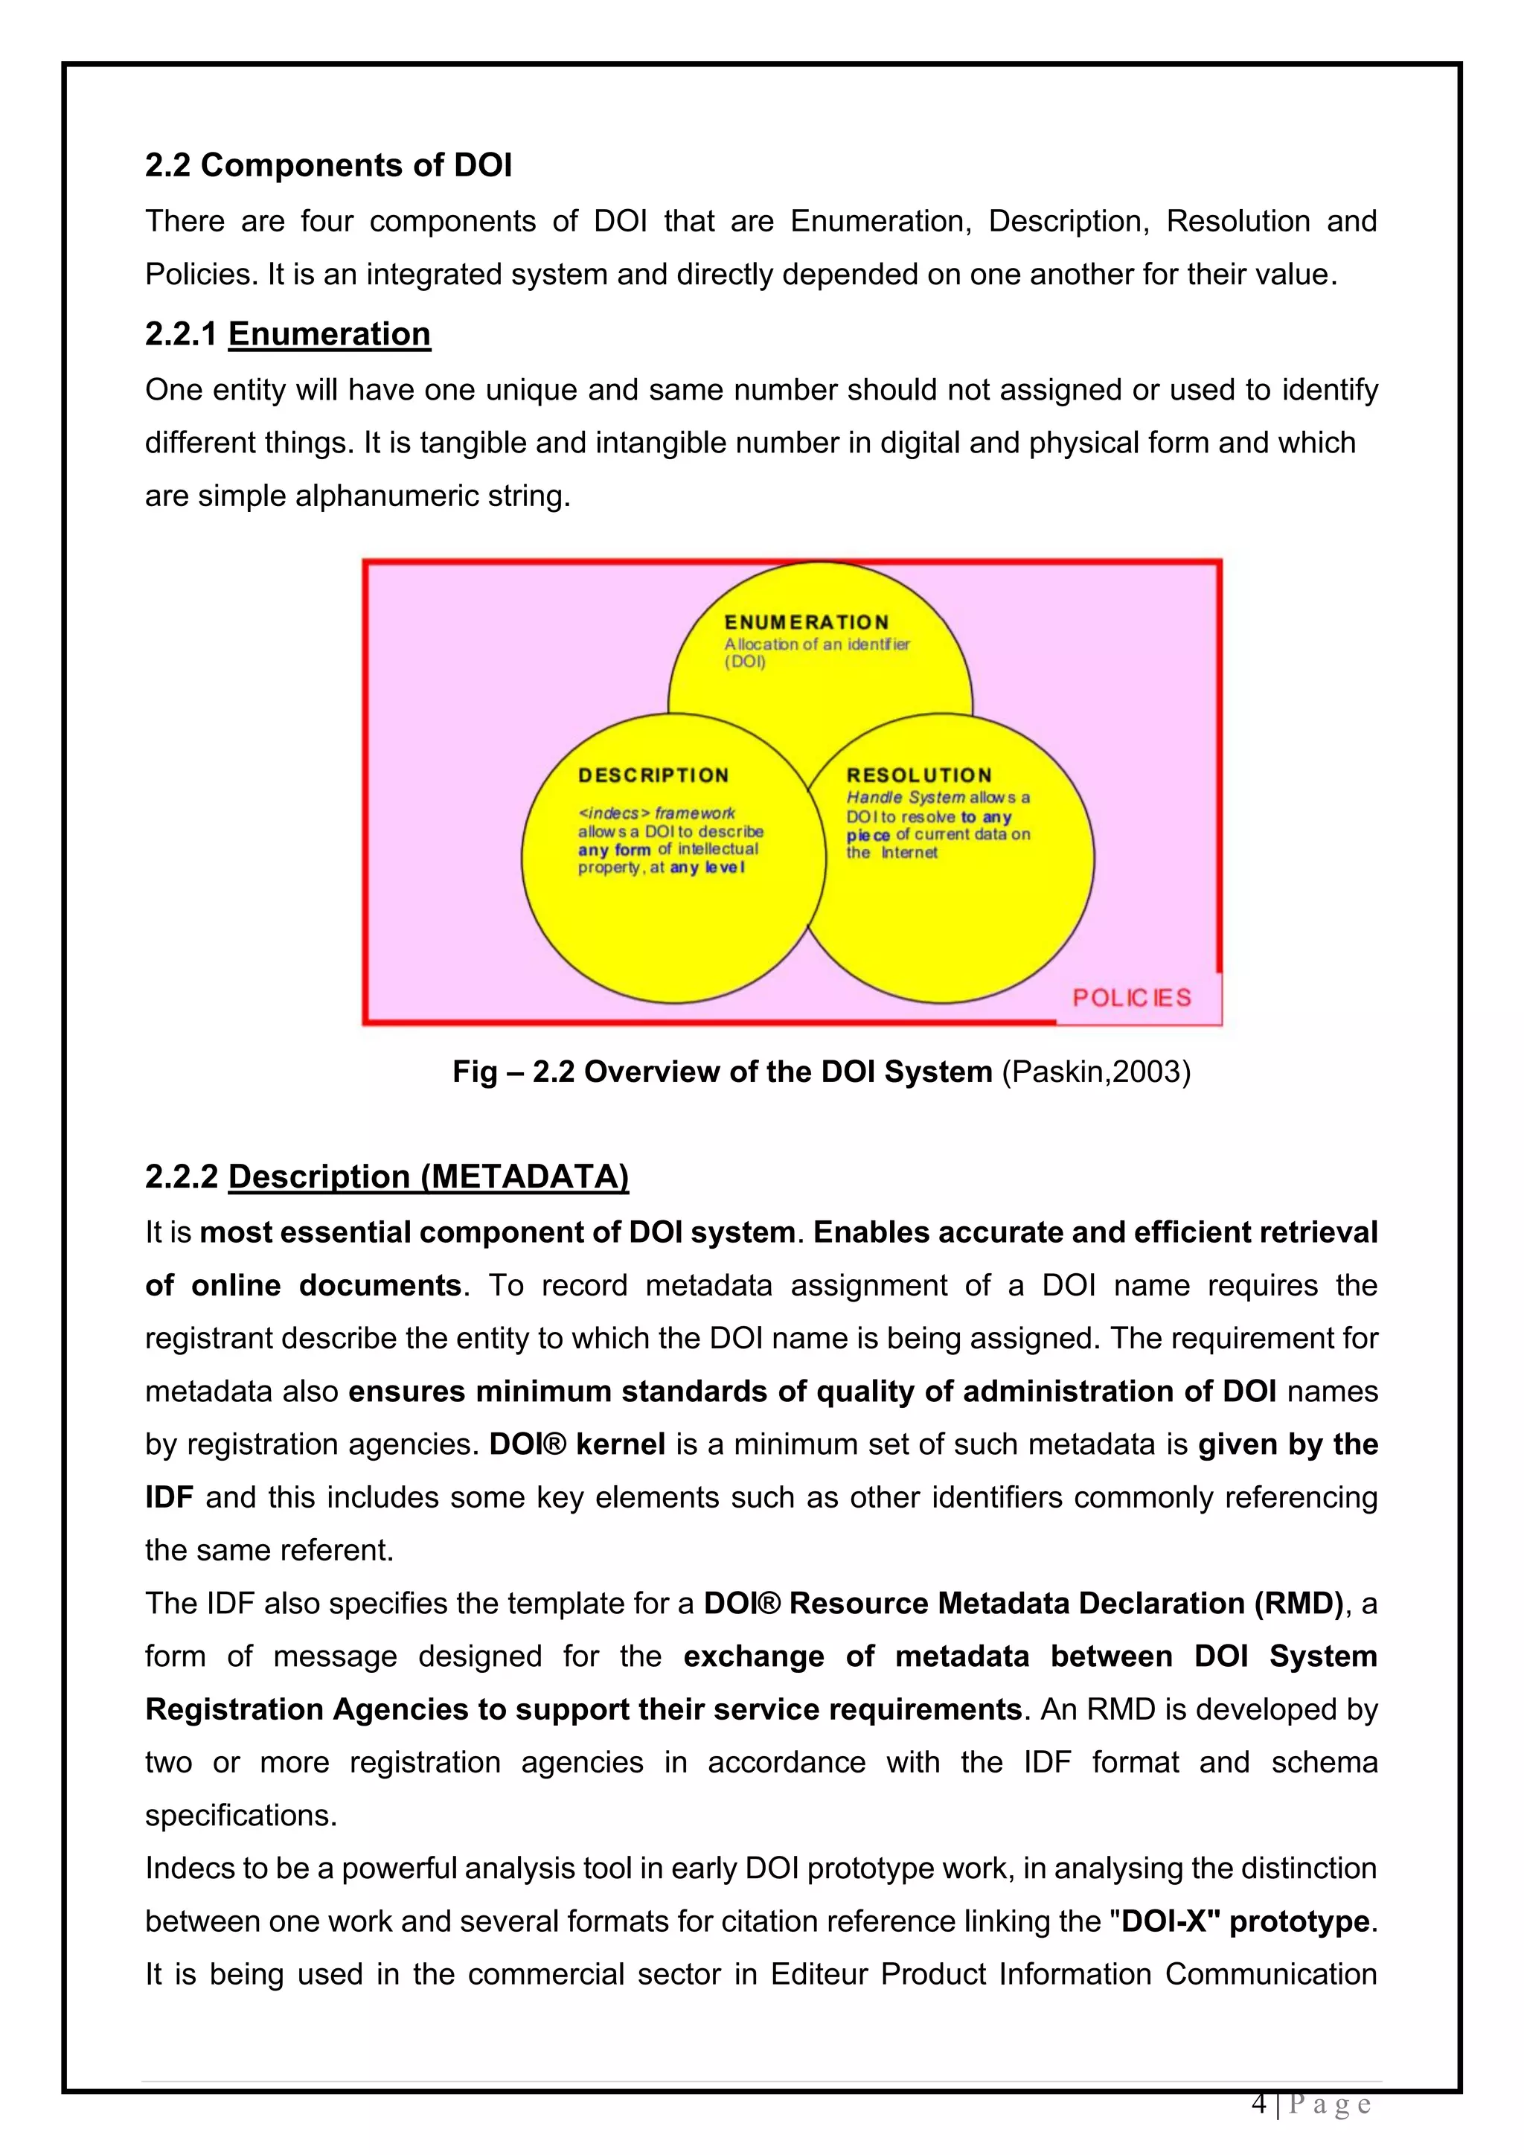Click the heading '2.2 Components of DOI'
coord(328,165)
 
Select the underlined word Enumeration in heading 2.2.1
coord(330,334)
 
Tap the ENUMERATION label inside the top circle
coord(806,622)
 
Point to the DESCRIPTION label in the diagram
coord(653,775)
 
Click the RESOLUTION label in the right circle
coord(919,775)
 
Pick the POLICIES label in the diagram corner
coord(1132,998)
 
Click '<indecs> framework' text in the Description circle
coord(656,813)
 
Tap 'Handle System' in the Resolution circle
coord(906,797)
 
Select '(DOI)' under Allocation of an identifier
coord(745,662)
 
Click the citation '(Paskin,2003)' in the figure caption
coord(1096,1072)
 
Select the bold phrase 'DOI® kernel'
coord(577,1444)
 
